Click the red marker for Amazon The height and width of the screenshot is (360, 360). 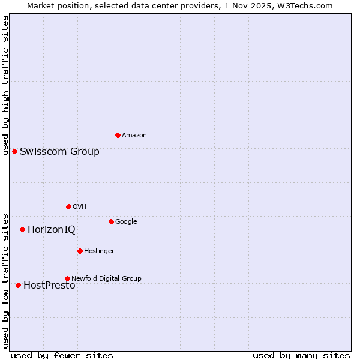118,135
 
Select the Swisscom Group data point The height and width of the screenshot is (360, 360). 14,151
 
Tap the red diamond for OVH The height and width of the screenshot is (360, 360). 68,206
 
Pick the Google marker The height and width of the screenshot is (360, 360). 111,221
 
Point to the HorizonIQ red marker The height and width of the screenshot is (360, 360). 22,229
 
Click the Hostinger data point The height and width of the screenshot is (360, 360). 80,251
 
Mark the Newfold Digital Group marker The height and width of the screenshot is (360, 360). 67,278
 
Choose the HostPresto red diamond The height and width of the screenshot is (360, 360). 18,285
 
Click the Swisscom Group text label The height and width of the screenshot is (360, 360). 59,151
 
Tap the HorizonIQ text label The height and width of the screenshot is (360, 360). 52,229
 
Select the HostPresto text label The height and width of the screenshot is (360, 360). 49,286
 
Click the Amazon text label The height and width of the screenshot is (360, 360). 134,136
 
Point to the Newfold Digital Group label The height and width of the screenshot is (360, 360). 106,278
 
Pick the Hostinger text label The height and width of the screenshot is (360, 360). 99,251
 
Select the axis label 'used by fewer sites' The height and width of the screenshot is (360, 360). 62,355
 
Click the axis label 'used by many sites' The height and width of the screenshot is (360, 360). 301,355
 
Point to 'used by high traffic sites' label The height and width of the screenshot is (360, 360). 5,85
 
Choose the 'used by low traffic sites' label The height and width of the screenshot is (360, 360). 5,281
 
